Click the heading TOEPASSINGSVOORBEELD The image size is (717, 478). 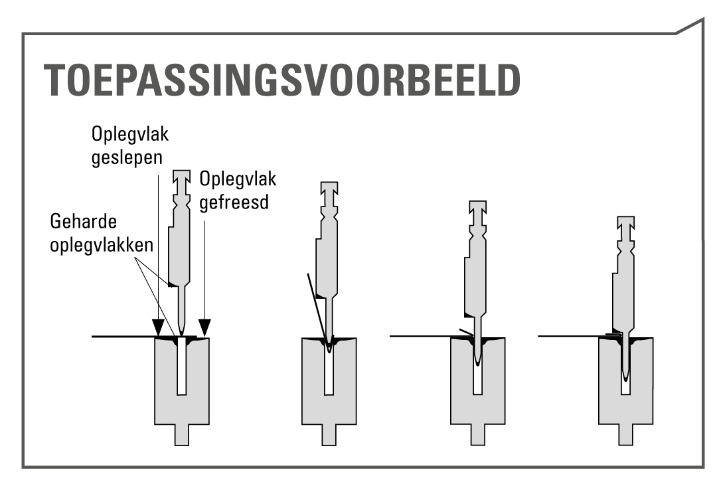[282, 80]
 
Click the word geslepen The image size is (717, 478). [127, 158]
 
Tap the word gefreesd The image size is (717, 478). [234, 202]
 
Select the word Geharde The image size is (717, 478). [84, 222]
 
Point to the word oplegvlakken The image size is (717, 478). [102, 245]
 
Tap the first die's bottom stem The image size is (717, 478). [181, 435]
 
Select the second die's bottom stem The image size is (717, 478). [329, 435]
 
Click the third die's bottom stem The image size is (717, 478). [478, 435]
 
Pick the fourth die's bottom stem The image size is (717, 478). [626, 435]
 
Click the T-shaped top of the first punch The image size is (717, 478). [182, 177]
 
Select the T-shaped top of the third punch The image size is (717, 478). [478, 207]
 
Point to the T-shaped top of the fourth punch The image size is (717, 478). [626, 223]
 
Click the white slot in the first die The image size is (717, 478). [181, 366]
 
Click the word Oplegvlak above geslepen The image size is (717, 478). [130, 135]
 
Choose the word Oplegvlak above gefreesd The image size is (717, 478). [238, 179]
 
